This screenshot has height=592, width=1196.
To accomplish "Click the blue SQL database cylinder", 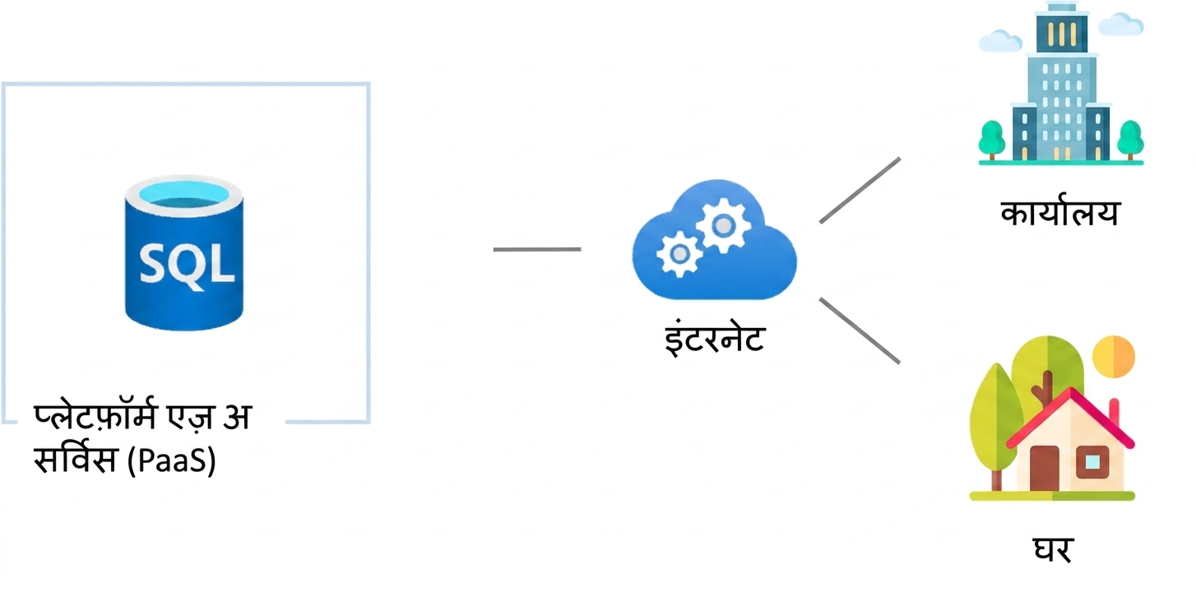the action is pos(184,253).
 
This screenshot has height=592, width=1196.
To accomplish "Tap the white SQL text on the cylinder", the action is pos(187,265).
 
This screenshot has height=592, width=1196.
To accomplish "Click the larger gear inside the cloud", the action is pos(723,225).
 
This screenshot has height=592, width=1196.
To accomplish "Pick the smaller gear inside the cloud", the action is pos(679,254).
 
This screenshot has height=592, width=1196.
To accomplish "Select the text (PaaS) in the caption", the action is pos(172,460).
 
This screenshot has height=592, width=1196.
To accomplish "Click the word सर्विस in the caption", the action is pos(75,458).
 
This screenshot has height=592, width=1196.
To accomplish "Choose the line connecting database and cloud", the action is pos(537,249).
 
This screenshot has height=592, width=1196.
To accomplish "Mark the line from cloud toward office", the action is pos(860,190).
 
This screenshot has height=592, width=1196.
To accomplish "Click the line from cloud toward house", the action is pos(860,331).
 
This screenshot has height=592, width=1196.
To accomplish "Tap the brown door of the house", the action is pos(1045,469).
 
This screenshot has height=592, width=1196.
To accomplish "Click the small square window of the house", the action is pos(1092,462).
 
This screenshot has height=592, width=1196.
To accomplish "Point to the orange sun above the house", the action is pos(1113,357).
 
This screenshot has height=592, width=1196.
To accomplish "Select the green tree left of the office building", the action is pos(991,139).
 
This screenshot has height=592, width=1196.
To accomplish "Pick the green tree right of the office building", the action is pos(1130,139).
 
